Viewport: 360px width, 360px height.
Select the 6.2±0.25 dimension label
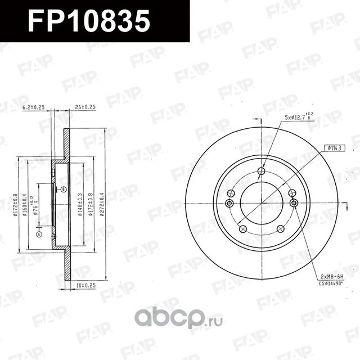(33, 106)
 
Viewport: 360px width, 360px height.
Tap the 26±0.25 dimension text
(85, 106)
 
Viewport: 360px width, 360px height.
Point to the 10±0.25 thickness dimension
(85, 286)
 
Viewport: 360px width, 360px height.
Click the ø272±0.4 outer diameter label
(102, 205)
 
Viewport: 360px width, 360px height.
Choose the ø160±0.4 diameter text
(25, 206)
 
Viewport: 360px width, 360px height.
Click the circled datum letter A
(39, 233)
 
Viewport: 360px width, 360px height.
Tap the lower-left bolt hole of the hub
(243, 229)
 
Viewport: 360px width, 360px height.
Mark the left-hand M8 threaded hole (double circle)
(229, 203)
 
